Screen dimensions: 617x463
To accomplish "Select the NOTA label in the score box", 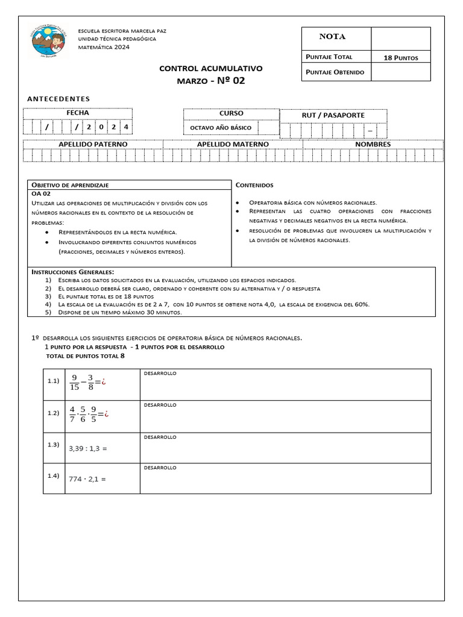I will click(x=332, y=37).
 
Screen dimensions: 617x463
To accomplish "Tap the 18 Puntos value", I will click(x=400, y=57).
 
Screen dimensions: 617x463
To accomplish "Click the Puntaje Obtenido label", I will click(x=335, y=72).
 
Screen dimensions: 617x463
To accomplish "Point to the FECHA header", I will click(x=78, y=113).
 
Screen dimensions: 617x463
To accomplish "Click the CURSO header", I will click(x=231, y=113).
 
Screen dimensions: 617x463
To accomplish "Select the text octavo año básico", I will click(x=221, y=127).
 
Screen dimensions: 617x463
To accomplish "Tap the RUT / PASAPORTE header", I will click(x=333, y=115).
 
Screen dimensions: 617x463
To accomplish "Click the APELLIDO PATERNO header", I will click(x=93, y=144).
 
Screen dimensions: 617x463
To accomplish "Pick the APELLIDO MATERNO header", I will click(x=233, y=144).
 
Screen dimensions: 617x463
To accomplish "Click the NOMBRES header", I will click(x=373, y=144).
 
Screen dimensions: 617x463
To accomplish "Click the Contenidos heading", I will click(x=254, y=185).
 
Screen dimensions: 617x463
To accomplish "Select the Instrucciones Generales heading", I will click(x=72, y=272).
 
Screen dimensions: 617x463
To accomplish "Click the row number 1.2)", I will click(x=53, y=413).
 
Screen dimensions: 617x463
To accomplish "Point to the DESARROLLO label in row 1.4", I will click(x=160, y=468).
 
